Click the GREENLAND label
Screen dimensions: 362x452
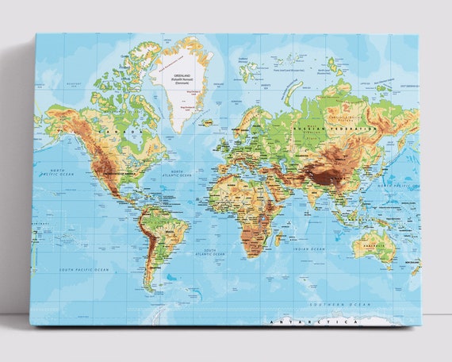[182, 75]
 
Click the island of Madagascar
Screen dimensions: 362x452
[279, 236]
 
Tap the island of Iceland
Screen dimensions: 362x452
[208, 122]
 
